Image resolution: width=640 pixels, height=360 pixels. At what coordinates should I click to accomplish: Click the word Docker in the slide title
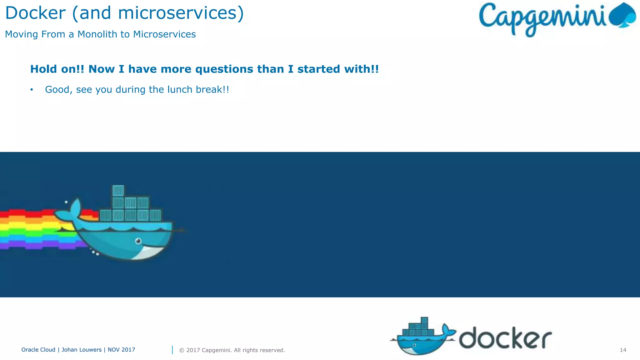click(x=35, y=13)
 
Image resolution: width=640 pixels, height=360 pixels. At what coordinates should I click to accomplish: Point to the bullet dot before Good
click(x=32, y=90)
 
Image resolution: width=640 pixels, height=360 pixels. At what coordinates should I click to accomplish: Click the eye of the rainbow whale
click(x=138, y=241)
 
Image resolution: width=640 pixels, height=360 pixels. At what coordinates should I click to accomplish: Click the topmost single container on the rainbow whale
click(x=118, y=190)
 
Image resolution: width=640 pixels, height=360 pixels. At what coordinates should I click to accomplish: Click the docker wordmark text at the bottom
click(x=505, y=338)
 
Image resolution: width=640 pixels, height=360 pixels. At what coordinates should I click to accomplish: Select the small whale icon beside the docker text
click(x=422, y=337)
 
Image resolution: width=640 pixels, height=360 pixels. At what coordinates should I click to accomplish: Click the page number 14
click(x=623, y=350)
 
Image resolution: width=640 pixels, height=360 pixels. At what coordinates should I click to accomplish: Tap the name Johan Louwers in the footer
click(x=82, y=350)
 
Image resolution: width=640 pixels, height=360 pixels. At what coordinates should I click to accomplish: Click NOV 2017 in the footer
click(x=121, y=350)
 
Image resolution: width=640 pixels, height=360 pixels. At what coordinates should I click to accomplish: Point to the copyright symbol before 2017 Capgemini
click(x=182, y=350)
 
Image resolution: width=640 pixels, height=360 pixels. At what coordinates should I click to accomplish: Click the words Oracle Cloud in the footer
click(x=38, y=350)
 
